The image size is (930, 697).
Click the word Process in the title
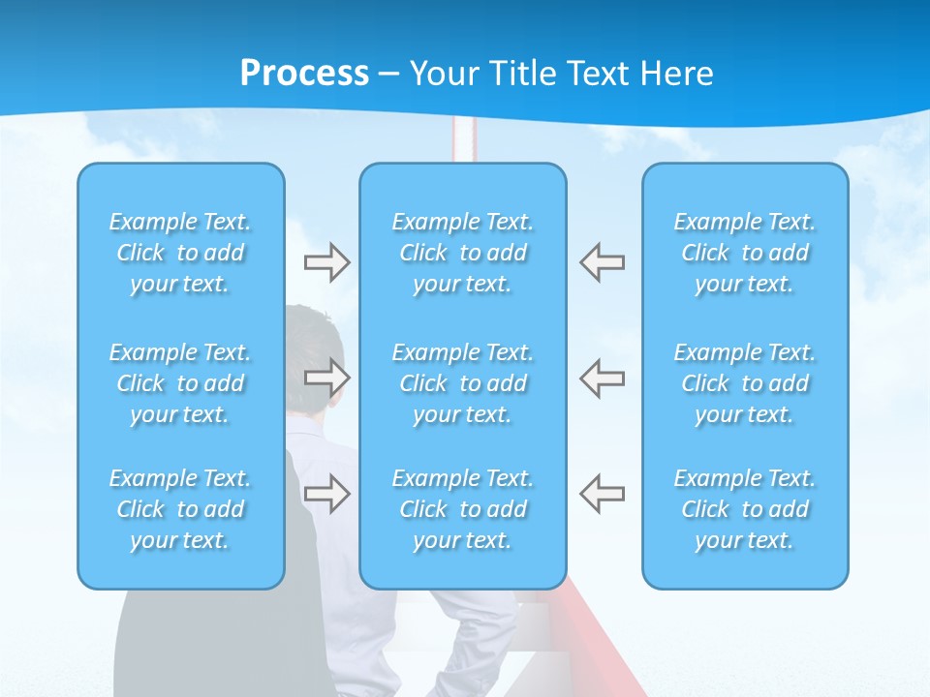pyautogui.click(x=304, y=74)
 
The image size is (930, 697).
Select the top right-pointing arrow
pyautogui.click(x=327, y=262)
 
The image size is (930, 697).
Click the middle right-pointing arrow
pyautogui.click(x=327, y=378)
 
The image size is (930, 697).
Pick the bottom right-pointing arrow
pyautogui.click(x=327, y=493)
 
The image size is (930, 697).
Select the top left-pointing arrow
pyautogui.click(x=602, y=262)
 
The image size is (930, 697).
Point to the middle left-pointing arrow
pyautogui.click(x=602, y=378)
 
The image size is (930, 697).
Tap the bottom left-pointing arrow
pyautogui.click(x=602, y=493)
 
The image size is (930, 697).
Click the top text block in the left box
pyautogui.click(x=180, y=253)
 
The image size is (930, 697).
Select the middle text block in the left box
pyautogui.click(x=180, y=383)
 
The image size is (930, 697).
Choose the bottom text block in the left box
pyautogui.click(x=180, y=509)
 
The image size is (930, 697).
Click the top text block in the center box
pyautogui.click(x=462, y=253)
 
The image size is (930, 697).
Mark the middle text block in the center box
pyautogui.click(x=462, y=383)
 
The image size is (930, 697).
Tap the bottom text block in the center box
pyautogui.click(x=462, y=509)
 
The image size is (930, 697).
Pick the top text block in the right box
pyautogui.click(x=744, y=253)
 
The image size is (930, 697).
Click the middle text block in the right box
pyautogui.click(x=744, y=383)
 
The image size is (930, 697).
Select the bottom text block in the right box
pyautogui.click(x=744, y=509)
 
